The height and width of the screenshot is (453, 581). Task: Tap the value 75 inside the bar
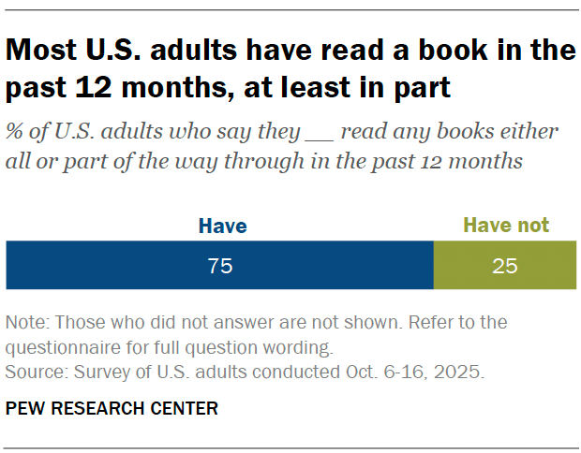(x=220, y=266)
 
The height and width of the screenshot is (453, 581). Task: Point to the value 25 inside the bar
(x=504, y=266)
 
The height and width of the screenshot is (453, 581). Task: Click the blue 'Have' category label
(x=222, y=226)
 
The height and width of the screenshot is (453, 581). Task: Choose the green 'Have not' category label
(x=506, y=226)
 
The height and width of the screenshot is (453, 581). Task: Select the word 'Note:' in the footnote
(x=27, y=323)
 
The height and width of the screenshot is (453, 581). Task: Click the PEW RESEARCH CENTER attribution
(x=112, y=408)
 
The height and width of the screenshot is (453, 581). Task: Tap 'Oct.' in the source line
(x=347, y=372)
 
